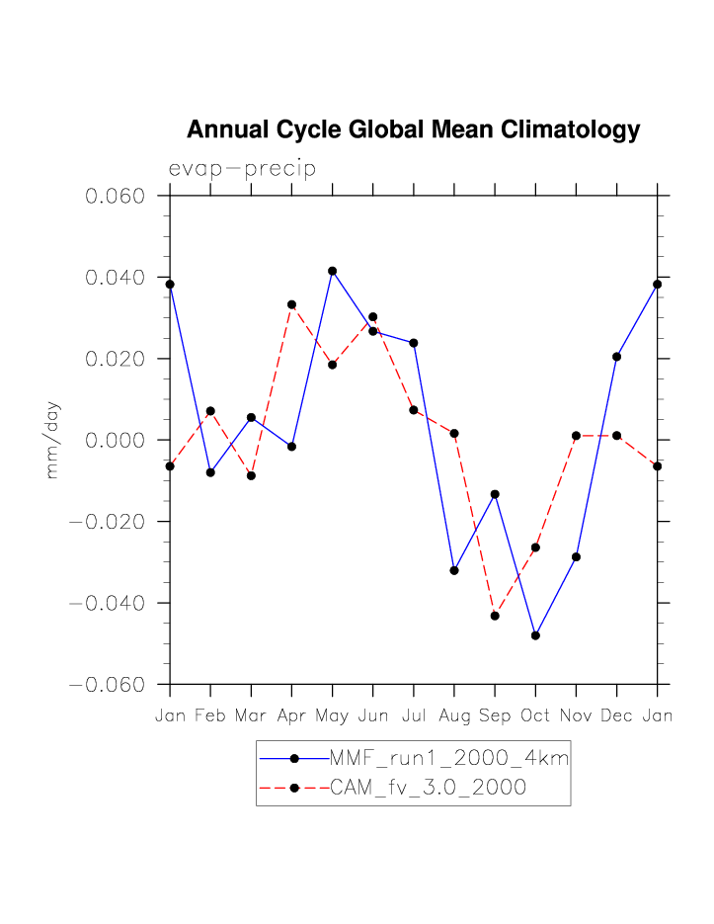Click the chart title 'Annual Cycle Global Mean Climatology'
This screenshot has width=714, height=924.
(x=413, y=130)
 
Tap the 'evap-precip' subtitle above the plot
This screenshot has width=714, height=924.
(x=242, y=169)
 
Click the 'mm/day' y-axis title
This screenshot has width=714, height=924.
(x=53, y=440)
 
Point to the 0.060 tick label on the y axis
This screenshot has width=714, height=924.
(x=116, y=196)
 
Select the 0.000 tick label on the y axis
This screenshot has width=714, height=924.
(x=116, y=440)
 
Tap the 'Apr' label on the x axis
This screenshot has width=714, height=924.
(x=291, y=715)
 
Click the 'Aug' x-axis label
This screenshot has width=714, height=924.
(x=454, y=715)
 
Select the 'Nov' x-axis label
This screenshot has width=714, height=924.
(x=576, y=715)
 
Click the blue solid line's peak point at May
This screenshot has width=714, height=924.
(x=333, y=271)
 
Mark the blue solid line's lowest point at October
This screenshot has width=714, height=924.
(x=535, y=635)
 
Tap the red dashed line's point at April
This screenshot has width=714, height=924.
(x=291, y=304)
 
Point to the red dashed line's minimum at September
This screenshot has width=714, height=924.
(x=495, y=616)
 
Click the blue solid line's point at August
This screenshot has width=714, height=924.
(x=454, y=570)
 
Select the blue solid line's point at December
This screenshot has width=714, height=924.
(x=616, y=357)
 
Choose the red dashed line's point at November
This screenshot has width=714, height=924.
(x=576, y=436)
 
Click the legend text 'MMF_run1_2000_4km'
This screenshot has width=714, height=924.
(x=448, y=759)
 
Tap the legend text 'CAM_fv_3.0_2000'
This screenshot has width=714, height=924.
(x=428, y=788)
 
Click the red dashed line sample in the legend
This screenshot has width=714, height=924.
(x=293, y=788)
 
